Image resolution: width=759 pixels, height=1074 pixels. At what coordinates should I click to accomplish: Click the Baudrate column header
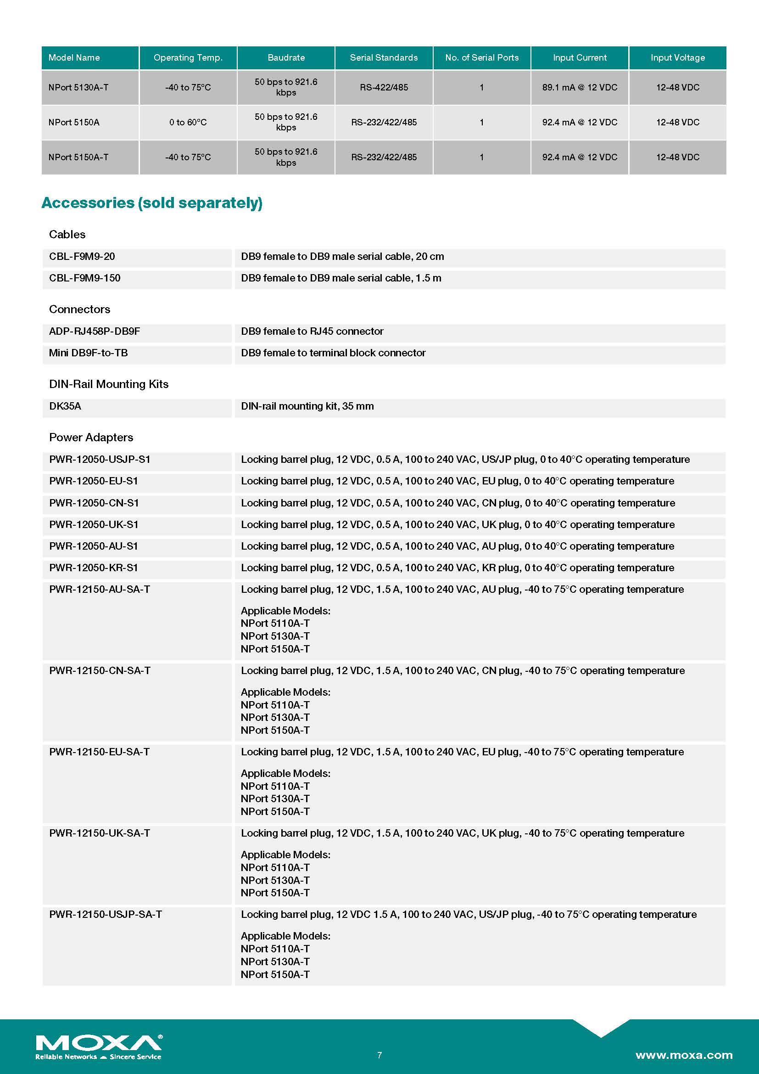(286, 57)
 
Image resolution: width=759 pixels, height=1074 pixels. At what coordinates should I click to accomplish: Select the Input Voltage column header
(677, 57)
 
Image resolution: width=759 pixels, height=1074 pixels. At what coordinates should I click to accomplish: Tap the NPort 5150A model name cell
(74, 122)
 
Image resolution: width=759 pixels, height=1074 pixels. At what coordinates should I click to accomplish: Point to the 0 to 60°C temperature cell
(188, 122)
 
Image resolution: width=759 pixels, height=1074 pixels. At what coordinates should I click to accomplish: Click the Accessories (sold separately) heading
(152, 202)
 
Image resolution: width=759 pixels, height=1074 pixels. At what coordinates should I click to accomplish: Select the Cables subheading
(67, 234)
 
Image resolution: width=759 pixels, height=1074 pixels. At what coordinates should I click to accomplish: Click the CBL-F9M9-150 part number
(84, 278)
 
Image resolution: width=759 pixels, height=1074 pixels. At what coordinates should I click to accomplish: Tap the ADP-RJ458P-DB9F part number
(95, 331)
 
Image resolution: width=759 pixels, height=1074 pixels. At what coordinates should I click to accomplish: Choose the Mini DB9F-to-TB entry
(88, 353)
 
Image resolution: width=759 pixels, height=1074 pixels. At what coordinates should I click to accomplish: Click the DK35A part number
(65, 406)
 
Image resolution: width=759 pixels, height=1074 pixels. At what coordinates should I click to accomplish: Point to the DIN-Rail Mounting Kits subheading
(108, 384)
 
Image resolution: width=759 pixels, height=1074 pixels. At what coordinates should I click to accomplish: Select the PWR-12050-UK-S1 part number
(94, 524)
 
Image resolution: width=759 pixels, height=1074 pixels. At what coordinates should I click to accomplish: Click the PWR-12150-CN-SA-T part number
(100, 670)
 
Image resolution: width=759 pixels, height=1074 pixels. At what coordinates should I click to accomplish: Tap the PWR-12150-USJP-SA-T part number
(106, 914)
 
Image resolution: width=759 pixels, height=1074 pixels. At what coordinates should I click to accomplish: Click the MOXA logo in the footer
(99, 1046)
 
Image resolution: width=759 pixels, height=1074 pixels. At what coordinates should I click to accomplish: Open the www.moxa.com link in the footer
(684, 1055)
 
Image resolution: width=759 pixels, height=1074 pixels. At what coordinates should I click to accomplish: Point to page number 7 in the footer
(379, 1055)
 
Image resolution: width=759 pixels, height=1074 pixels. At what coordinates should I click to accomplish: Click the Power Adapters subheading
(91, 438)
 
